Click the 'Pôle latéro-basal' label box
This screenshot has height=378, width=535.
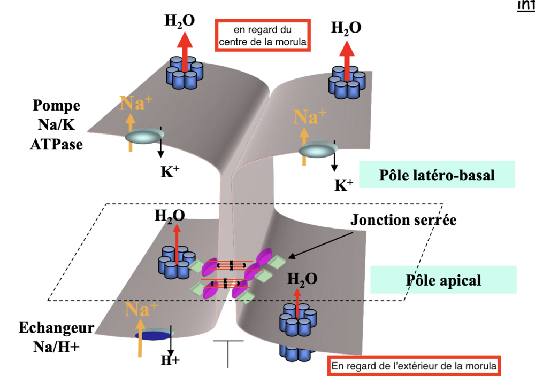tap(437, 175)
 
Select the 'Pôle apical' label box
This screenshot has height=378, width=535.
tap(444, 280)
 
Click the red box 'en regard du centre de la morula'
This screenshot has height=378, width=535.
tap(262, 36)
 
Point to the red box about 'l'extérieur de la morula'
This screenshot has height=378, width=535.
tap(414, 366)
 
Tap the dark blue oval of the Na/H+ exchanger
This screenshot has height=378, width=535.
tap(155, 335)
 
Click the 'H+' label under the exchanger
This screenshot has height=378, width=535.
tap(170, 360)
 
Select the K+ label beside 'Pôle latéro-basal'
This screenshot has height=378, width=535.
tap(343, 185)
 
